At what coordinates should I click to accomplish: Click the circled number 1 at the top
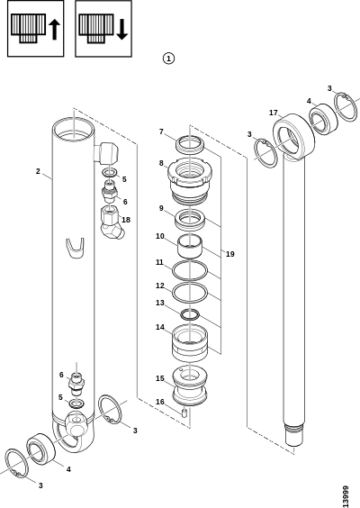tap(168, 59)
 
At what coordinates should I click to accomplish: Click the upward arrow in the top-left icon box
tap(54, 30)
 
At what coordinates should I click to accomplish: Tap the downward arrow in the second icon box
tap(122, 30)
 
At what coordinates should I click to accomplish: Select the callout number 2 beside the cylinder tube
tap(38, 171)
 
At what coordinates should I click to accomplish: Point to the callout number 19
tap(229, 254)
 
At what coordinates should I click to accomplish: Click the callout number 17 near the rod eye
tap(274, 113)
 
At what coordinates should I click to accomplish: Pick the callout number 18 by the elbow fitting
tap(126, 220)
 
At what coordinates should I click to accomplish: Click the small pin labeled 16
tap(184, 413)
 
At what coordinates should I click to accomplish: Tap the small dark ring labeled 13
tap(190, 314)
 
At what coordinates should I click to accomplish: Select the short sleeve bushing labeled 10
tap(189, 246)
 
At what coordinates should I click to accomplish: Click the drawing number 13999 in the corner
tap(346, 496)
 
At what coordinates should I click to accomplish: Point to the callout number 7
tap(161, 132)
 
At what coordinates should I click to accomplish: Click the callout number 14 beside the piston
tap(160, 327)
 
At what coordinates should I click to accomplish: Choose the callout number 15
tap(160, 378)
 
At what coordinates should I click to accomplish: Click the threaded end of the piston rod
tap(294, 433)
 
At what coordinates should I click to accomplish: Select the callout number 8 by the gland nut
tap(161, 163)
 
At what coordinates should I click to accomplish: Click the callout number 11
tap(159, 262)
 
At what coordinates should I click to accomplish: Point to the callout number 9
tap(161, 208)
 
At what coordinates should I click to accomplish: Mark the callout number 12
tap(160, 286)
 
